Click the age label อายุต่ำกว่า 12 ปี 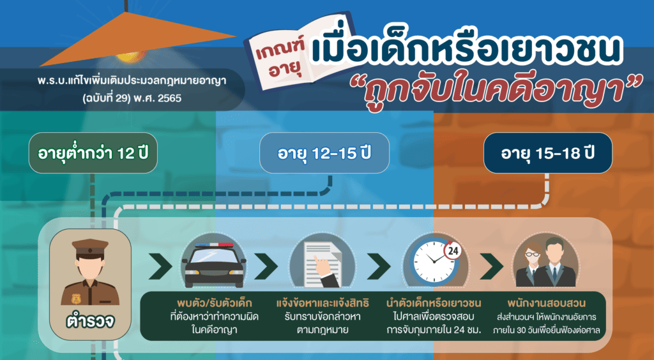pyautogui.click(x=93, y=153)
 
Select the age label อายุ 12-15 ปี pyautogui.click(x=324, y=153)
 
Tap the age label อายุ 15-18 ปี pyautogui.click(x=547, y=153)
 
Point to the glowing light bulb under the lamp pyautogui.click(x=130, y=57)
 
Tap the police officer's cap pyautogui.click(x=90, y=248)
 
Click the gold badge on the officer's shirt pyautogui.click(x=77, y=299)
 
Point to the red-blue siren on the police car pyautogui.click(x=214, y=244)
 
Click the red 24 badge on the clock pyautogui.click(x=452, y=251)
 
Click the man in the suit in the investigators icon pyautogui.click(x=555, y=262)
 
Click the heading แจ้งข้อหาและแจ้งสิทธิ pyautogui.click(x=323, y=303)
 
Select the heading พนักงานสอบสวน pyautogui.click(x=547, y=303)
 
